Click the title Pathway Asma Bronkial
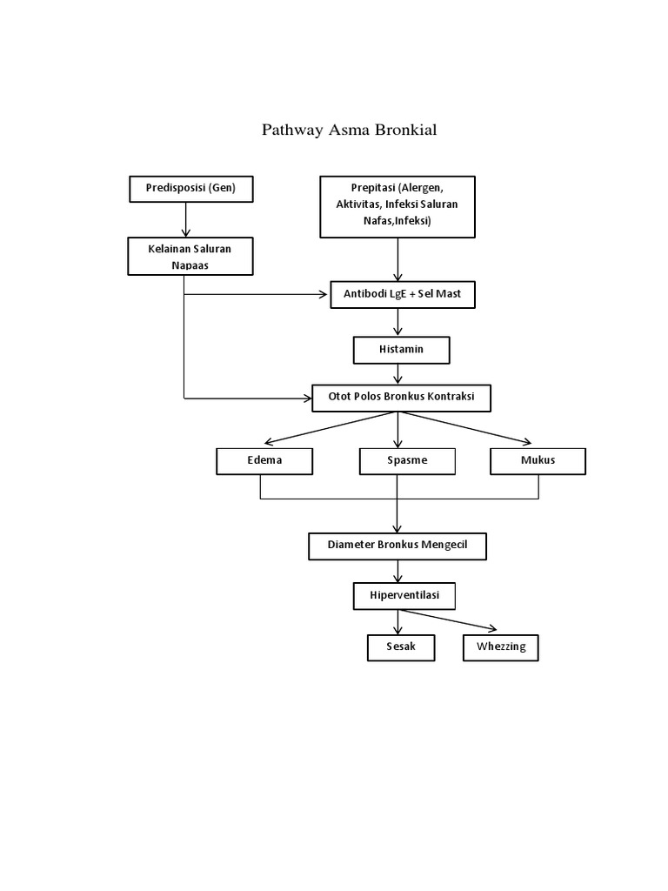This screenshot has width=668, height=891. click(349, 131)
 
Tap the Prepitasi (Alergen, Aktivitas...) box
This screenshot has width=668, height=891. click(397, 206)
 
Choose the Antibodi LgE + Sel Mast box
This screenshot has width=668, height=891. click(402, 295)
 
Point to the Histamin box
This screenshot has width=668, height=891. click(401, 350)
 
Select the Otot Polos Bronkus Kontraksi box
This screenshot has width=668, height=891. click(402, 399)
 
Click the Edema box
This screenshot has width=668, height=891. click(263, 461)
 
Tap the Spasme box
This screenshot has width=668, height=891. click(407, 461)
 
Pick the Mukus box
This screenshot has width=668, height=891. click(538, 461)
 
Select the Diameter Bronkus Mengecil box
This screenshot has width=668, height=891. click(397, 546)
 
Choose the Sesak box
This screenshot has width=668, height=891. click(399, 647)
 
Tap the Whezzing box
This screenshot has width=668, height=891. click(500, 647)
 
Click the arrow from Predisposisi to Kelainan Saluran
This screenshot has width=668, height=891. click(185, 218)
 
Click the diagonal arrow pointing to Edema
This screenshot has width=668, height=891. click(331, 427)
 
